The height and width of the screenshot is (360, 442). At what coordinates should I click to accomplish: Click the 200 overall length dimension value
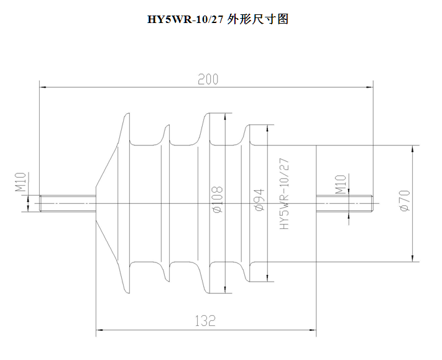(208, 79)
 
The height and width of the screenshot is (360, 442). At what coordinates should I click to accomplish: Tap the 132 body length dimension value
(205, 321)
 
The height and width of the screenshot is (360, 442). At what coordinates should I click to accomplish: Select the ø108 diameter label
(218, 199)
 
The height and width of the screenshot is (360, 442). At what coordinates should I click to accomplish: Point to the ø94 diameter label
(259, 200)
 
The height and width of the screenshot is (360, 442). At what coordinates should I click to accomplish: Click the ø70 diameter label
(405, 200)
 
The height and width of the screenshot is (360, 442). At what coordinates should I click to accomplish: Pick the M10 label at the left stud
(21, 182)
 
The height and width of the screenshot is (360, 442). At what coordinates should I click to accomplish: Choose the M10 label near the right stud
(341, 185)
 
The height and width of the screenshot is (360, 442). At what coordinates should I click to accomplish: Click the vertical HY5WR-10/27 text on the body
(284, 194)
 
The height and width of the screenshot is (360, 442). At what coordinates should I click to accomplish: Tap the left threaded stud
(68, 203)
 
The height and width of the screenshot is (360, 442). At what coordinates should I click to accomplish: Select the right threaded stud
(344, 203)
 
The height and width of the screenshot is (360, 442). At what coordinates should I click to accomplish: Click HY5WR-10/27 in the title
(185, 19)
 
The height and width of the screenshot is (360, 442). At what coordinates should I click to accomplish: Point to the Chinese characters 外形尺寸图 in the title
(257, 19)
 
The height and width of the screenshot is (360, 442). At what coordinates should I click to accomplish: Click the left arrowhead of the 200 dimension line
(43, 88)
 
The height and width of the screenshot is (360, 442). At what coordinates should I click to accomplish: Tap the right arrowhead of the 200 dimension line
(369, 88)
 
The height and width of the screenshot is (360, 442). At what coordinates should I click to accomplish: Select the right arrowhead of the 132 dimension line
(313, 330)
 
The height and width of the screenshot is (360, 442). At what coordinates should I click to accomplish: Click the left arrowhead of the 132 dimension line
(99, 330)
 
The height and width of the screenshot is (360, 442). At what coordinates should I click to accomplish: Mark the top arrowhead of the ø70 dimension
(413, 149)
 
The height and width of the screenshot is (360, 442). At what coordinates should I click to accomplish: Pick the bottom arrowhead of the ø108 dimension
(225, 290)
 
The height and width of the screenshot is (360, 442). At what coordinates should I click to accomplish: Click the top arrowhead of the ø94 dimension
(267, 128)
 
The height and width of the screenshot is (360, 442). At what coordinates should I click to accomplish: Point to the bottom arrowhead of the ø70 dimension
(413, 258)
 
